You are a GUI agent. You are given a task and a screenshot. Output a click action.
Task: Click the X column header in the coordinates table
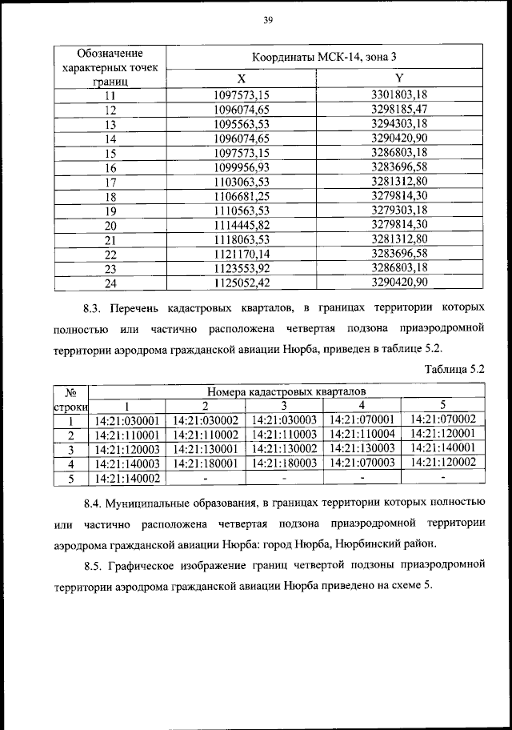(x=241, y=78)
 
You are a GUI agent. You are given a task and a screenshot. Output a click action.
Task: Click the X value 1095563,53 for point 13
(x=242, y=124)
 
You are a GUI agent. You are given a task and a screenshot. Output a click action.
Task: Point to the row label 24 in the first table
(x=110, y=282)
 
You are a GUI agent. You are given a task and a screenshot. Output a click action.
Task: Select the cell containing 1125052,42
(x=242, y=282)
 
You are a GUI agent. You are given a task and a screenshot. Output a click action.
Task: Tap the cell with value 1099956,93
(x=242, y=167)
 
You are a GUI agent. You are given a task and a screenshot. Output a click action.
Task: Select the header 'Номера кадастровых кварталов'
(x=286, y=391)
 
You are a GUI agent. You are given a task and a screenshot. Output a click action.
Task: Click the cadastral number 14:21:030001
(x=127, y=419)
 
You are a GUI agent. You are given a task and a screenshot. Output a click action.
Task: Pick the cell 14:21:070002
(x=442, y=419)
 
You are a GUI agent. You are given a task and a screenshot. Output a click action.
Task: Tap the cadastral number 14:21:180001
(x=206, y=463)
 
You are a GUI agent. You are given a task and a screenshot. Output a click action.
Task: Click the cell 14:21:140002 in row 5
(x=127, y=478)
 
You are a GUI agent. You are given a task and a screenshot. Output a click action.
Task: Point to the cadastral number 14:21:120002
(x=442, y=463)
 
